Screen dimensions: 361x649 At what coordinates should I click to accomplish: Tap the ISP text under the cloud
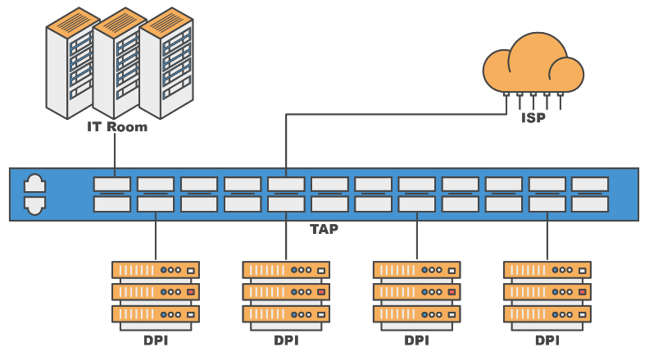coord(533,117)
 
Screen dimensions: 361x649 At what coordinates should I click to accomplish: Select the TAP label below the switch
coord(324,230)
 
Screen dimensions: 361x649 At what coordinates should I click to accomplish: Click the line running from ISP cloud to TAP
coord(393,115)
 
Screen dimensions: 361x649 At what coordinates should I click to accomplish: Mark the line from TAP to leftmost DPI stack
coord(156,238)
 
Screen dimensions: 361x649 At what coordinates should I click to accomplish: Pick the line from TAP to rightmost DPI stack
coord(547,238)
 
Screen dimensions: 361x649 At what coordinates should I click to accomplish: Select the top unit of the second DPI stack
coord(286,269)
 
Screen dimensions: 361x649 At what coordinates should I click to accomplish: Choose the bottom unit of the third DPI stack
coord(416,314)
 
